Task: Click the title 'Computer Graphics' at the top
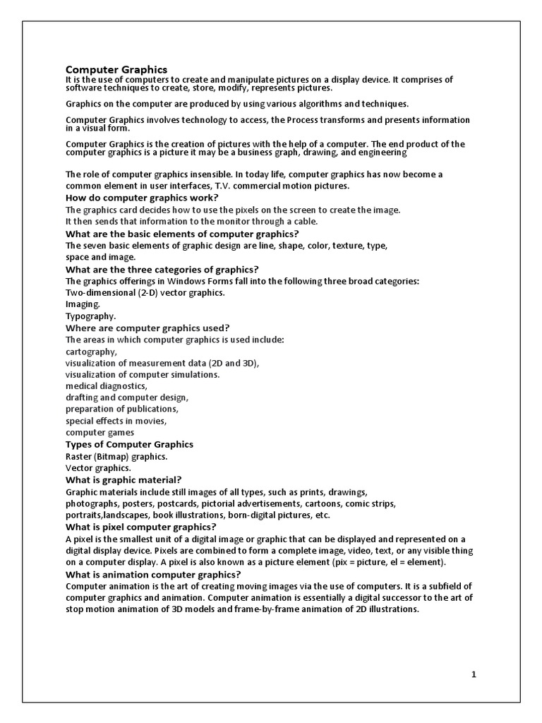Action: [x=116, y=69]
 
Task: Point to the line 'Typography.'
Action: [x=90, y=316]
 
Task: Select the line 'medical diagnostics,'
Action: [x=107, y=386]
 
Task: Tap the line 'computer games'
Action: [x=100, y=432]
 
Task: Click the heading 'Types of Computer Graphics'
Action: [x=129, y=444]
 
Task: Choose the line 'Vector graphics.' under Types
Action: [x=98, y=467]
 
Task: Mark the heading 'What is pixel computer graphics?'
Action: [x=141, y=527]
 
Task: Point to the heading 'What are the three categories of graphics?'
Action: [x=162, y=269]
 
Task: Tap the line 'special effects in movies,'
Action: [x=116, y=421]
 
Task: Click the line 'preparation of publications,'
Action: [x=122, y=409]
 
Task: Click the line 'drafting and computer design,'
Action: [x=127, y=398]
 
